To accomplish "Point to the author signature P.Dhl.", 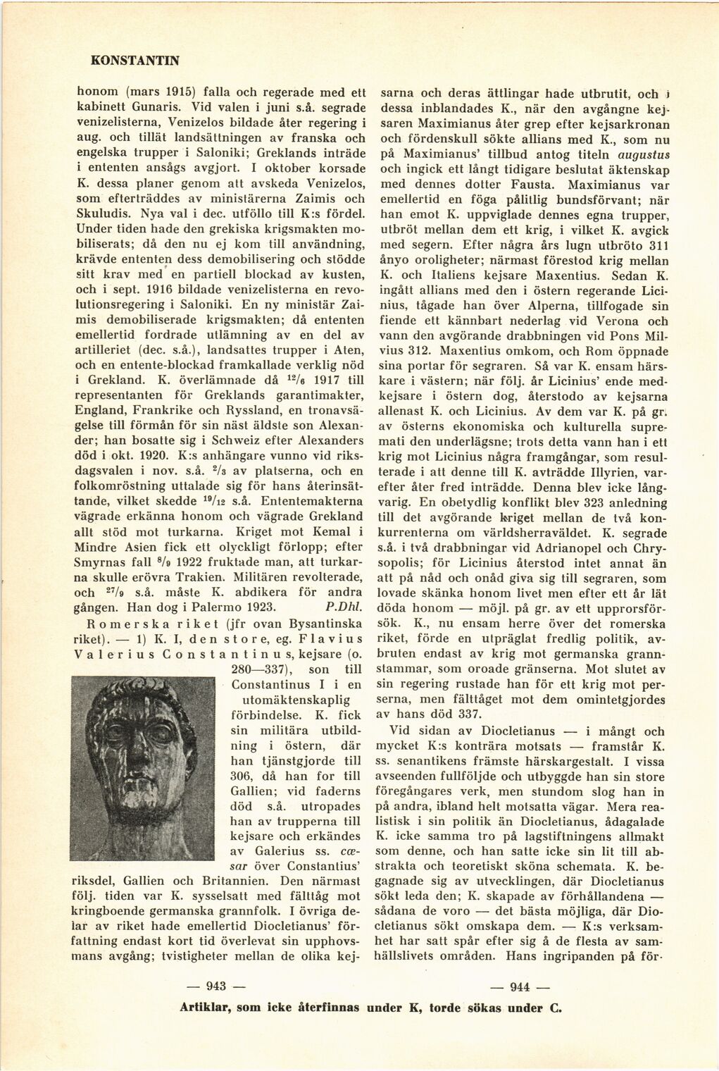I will pyautogui.click(x=344, y=606).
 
